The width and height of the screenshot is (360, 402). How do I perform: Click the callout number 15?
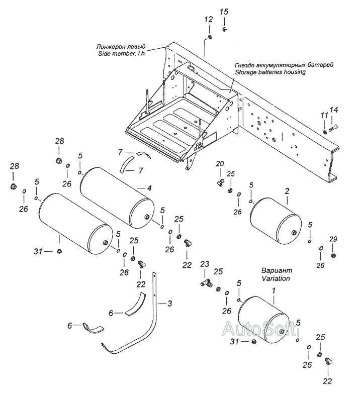pyautogui.click(x=224, y=12)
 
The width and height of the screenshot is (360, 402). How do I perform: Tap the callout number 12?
pyautogui.click(x=209, y=19)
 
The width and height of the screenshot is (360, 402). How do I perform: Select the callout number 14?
pyautogui.click(x=334, y=110)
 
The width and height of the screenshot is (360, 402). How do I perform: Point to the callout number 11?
pyautogui.click(x=324, y=115)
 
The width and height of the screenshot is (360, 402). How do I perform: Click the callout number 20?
pyautogui.click(x=220, y=164)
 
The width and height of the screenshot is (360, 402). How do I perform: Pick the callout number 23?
pyautogui.click(x=205, y=264)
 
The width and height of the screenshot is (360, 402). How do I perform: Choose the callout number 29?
pyautogui.click(x=333, y=239)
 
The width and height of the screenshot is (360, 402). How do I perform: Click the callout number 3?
pyautogui.click(x=169, y=304)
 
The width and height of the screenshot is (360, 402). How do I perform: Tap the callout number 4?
pyautogui.click(x=149, y=188)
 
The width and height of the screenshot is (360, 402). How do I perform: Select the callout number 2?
pyautogui.click(x=287, y=191)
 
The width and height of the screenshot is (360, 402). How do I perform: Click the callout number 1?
pyautogui.click(x=274, y=291)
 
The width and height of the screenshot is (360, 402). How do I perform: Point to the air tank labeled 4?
pyautogui.click(x=118, y=196)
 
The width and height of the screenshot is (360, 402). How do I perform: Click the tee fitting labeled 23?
pyautogui.click(x=206, y=283)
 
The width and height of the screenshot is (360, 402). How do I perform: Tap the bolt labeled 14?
pyautogui.click(x=333, y=127)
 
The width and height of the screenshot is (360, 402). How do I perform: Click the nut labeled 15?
pyautogui.click(x=224, y=29)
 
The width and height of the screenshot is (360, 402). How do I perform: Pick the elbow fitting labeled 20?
pyautogui.click(x=220, y=182)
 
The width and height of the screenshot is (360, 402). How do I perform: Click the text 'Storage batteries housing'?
pyautogui.click(x=271, y=72)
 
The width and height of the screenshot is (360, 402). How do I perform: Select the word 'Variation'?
pyautogui.click(x=276, y=278)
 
